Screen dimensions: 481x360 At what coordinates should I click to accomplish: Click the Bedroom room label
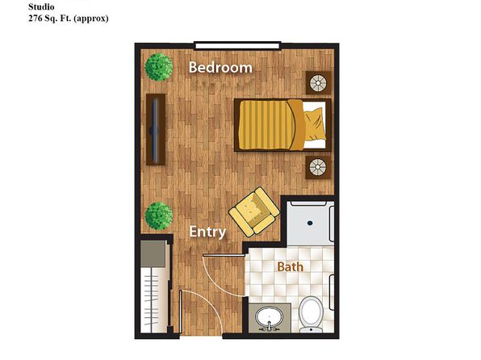[x=220, y=67]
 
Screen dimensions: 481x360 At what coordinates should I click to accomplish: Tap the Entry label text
[x=207, y=232]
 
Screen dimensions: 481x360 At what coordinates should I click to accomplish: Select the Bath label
[x=291, y=266]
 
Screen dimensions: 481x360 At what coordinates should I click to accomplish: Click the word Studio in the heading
[x=41, y=6]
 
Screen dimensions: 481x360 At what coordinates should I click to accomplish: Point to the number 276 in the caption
[x=36, y=18]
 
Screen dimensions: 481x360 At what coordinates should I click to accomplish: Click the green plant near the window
[x=159, y=67]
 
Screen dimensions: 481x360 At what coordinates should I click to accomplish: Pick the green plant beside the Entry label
[x=159, y=216]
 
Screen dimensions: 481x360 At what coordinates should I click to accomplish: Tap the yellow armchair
[x=254, y=211]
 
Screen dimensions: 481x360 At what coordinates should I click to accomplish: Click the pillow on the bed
[x=315, y=124]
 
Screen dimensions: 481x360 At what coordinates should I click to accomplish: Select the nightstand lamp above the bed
[x=318, y=83]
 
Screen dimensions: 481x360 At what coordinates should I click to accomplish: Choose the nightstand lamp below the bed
[x=318, y=167]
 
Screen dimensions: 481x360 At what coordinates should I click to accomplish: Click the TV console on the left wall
[x=156, y=129]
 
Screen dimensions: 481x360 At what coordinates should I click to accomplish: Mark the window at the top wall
[x=237, y=46]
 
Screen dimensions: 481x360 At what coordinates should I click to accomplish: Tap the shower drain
[x=310, y=223]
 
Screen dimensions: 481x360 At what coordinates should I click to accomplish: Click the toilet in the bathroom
[x=311, y=314]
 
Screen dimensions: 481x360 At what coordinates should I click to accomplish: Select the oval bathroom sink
[x=269, y=317]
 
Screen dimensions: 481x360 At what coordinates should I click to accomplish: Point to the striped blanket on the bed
[x=266, y=125]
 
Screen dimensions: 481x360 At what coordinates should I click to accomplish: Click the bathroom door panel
[x=224, y=255]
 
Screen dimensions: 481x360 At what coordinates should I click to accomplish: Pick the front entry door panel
[x=181, y=312]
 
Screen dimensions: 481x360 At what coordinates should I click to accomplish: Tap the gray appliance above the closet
[x=153, y=253]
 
